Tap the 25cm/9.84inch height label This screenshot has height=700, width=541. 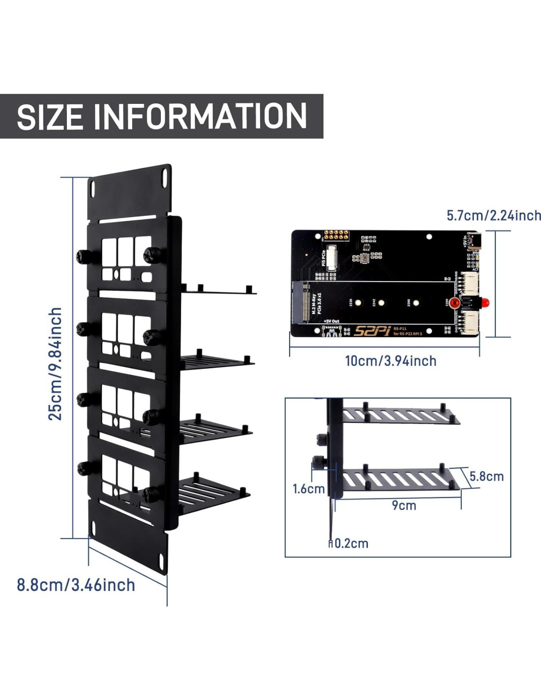[x=55, y=363]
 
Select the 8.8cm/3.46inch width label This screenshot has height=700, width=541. [x=76, y=585]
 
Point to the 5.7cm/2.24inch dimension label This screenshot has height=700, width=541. [x=493, y=216]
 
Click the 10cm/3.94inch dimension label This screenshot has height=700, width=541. [x=391, y=361]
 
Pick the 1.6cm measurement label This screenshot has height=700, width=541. [x=308, y=489]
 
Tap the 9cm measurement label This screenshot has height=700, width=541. [x=404, y=506]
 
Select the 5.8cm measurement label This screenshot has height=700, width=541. [x=486, y=476]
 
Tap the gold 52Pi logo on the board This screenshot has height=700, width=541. [x=371, y=330]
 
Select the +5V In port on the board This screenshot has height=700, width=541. [x=476, y=242]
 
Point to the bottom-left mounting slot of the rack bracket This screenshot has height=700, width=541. [x=93, y=529]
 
